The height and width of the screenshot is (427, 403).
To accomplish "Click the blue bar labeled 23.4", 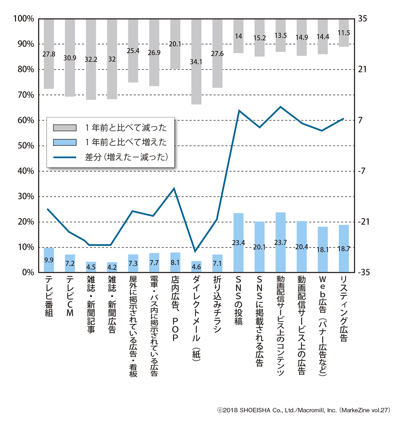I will [238, 242].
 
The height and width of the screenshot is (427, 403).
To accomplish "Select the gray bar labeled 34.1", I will [196, 62].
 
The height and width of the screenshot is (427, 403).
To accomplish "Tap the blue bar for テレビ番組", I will [49, 260].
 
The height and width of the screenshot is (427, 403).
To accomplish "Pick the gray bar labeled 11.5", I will [344, 33].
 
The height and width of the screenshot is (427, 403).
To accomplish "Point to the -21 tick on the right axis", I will [364, 222].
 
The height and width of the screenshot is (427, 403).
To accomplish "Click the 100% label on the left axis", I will [24, 19].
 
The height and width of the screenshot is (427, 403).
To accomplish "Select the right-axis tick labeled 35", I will [363, 19].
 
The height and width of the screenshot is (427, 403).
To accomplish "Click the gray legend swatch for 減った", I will [65, 128].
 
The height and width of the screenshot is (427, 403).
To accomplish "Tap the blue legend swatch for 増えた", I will [65, 142].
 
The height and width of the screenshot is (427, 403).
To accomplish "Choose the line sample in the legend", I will [65, 157].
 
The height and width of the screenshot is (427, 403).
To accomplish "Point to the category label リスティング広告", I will [344, 309].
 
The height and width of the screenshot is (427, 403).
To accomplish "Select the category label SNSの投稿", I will [238, 300].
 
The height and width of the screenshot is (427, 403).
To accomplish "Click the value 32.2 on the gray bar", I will [91, 59].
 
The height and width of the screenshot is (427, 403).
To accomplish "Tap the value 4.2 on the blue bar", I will [112, 267].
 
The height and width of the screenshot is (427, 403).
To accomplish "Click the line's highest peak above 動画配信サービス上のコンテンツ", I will [280, 107].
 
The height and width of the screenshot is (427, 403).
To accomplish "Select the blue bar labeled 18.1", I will [323, 250].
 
